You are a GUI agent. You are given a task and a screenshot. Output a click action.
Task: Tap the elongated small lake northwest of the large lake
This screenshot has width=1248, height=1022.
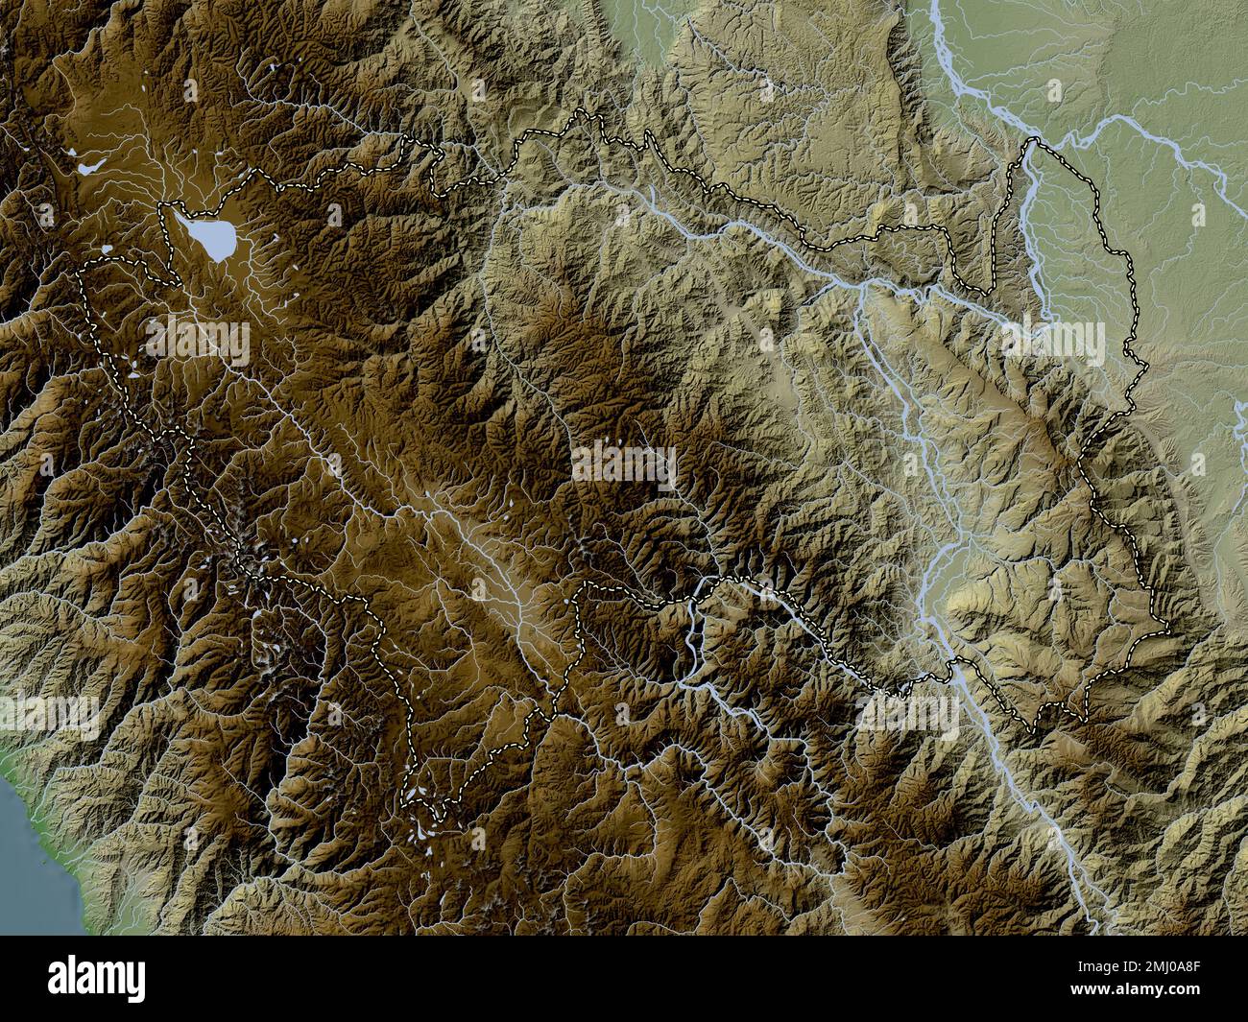pyautogui.click(x=93, y=166)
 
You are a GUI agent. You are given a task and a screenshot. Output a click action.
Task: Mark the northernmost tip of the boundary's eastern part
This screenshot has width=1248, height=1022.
pyautogui.click(x=1032, y=141)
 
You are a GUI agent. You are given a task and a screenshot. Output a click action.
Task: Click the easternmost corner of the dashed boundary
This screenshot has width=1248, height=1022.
pyautogui.click(x=1166, y=629)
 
